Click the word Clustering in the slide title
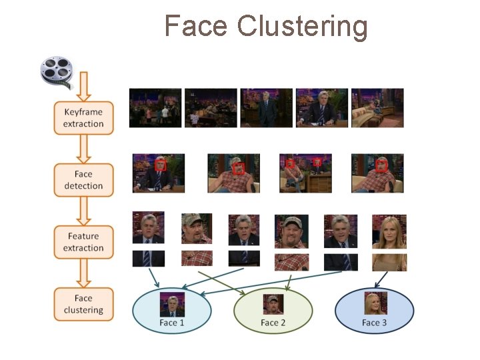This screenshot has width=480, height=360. [x=302, y=27]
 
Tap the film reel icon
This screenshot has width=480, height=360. [x=57, y=71]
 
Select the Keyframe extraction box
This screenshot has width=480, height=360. [x=83, y=118]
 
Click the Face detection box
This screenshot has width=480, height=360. [x=83, y=180]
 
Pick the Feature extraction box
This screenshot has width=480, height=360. [x=83, y=242]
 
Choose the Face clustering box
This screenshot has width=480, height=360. [x=83, y=304]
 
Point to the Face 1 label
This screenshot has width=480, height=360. [x=171, y=323]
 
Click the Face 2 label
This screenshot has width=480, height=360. [x=273, y=323]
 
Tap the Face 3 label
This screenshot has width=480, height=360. [x=374, y=323]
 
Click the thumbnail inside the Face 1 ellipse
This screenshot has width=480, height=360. [x=171, y=305]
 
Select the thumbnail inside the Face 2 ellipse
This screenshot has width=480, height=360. [x=273, y=305]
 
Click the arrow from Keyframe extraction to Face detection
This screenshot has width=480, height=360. [x=83, y=149]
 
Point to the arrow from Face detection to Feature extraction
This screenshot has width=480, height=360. [x=83, y=211]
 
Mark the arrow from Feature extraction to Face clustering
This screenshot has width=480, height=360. [x=83, y=273]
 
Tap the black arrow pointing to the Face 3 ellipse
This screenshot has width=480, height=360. [x=381, y=280]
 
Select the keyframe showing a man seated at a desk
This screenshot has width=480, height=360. [x=322, y=107]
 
